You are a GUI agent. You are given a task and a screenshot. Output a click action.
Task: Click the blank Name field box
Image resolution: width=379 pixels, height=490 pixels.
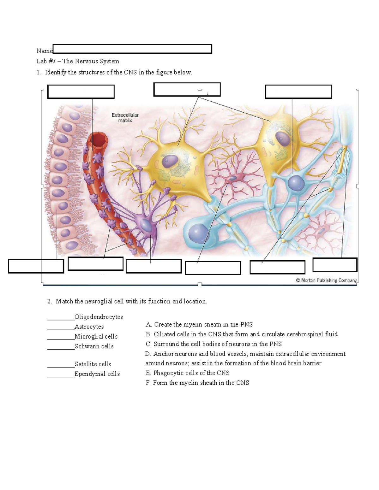pos(132,49)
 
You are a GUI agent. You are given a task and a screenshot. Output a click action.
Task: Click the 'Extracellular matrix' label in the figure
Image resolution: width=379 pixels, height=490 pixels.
pos(125,118)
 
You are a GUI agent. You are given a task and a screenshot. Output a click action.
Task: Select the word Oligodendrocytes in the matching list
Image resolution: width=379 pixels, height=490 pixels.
pos(99,317)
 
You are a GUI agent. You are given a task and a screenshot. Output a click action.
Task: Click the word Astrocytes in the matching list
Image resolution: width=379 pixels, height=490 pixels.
pos(89,327)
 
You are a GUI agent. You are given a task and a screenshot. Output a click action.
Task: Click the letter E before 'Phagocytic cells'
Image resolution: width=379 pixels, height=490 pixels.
pos(148,373)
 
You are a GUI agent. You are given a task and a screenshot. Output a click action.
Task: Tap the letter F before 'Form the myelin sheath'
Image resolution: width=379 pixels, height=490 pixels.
pos(148,383)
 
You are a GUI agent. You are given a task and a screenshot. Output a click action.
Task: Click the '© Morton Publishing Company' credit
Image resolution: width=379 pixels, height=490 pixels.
pos(326,280)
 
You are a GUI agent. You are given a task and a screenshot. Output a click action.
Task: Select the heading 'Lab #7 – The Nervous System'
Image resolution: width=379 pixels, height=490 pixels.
pos(78,61)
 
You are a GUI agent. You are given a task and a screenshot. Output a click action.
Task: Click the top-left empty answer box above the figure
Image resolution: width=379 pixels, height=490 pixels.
pos(81,92)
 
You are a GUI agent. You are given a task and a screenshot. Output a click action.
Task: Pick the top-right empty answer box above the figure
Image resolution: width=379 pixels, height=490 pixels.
pos(298,92)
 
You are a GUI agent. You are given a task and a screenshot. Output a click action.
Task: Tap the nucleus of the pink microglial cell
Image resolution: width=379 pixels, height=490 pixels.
pos(232,178)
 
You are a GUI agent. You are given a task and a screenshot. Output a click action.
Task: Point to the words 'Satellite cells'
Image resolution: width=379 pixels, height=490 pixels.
pos(93,364)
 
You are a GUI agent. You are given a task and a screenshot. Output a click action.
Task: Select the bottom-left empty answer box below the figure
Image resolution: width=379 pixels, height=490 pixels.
pos(36,266)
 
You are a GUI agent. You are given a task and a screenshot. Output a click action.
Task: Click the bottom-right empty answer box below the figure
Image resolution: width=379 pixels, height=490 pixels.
pos(335,264)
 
